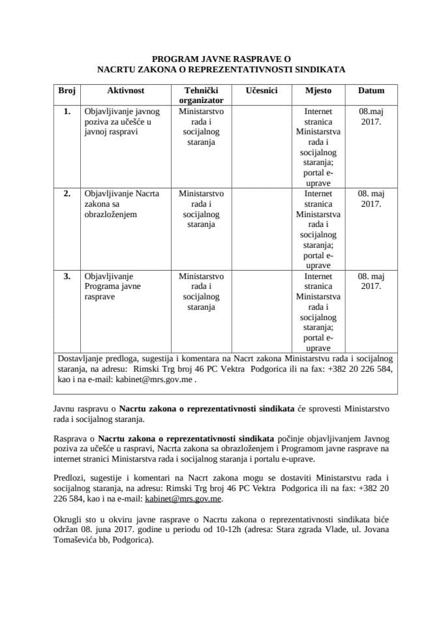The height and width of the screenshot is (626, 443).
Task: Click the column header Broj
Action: [x=67, y=91]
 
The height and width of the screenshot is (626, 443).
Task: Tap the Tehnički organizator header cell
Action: [x=201, y=95]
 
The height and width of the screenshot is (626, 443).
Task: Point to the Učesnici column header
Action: [x=262, y=91]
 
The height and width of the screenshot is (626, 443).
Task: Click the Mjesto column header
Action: [x=318, y=91]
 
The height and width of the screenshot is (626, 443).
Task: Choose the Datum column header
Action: [x=371, y=91]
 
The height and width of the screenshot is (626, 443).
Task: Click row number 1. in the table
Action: [x=67, y=112]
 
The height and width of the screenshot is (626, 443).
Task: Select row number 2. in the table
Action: [x=67, y=194]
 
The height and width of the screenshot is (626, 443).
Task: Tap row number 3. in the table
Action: [x=67, y=276]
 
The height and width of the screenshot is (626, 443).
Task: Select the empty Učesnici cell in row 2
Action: [x=262, y=228]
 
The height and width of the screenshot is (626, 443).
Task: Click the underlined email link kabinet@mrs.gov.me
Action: [x=194, y=498]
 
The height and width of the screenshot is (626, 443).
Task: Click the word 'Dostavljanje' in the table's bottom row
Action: [x=80, y=358]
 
